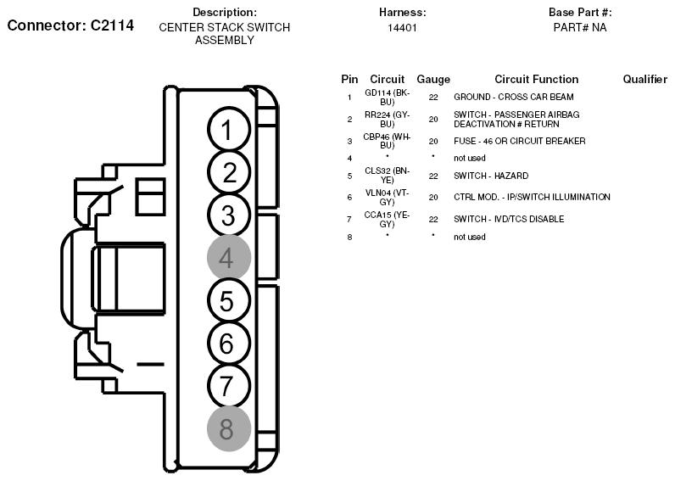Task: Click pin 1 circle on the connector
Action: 229,130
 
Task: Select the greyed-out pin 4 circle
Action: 229,258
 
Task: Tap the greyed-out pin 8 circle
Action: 229,428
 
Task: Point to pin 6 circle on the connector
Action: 229,344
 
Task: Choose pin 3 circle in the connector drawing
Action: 229,215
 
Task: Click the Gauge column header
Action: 433,79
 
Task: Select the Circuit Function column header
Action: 537,79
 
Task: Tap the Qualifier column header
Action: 644,79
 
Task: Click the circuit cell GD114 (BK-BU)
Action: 387,98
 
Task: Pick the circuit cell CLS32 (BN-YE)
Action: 387,176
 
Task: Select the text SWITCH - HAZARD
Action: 491,176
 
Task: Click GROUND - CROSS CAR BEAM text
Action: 514,97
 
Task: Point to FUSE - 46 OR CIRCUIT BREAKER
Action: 520,141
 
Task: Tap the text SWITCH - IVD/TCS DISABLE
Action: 509,219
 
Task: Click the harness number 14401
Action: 402,28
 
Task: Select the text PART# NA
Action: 580,27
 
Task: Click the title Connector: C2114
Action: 70,25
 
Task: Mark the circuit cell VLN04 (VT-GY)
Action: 387,197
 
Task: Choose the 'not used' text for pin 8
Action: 470,237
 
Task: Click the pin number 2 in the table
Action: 349,120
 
